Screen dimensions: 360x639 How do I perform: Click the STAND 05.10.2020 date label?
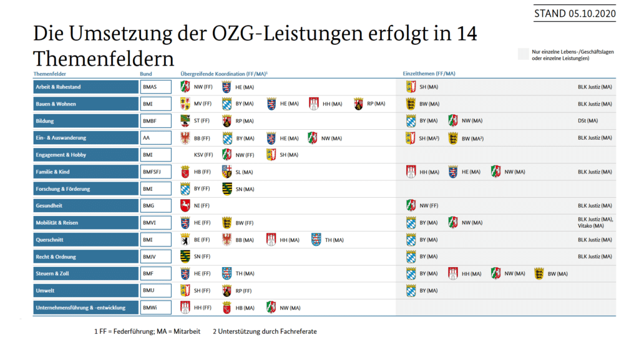(x=574, y=14)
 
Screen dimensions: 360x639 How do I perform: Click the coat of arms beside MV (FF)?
(x=185, y=104)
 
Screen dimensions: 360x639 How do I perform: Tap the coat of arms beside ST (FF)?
(x=185, y=120)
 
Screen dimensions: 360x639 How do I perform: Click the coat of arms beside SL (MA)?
(x=227, y=172)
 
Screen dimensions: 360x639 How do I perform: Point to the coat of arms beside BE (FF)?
(x=185, y=240)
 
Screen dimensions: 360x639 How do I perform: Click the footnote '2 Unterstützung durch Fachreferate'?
(x=265, y=331)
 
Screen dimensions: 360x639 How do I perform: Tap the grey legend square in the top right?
(x=523, y=55)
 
